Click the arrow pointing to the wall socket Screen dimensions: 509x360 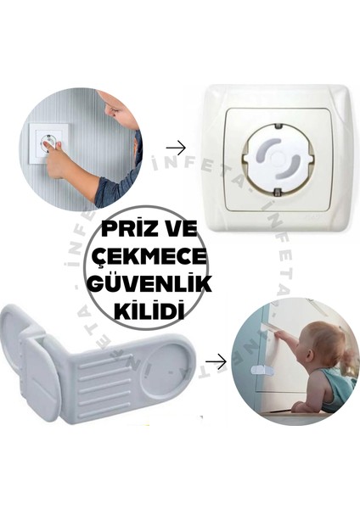[x=176, y=148]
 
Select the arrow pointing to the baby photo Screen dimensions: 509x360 [x=216, y=362]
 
